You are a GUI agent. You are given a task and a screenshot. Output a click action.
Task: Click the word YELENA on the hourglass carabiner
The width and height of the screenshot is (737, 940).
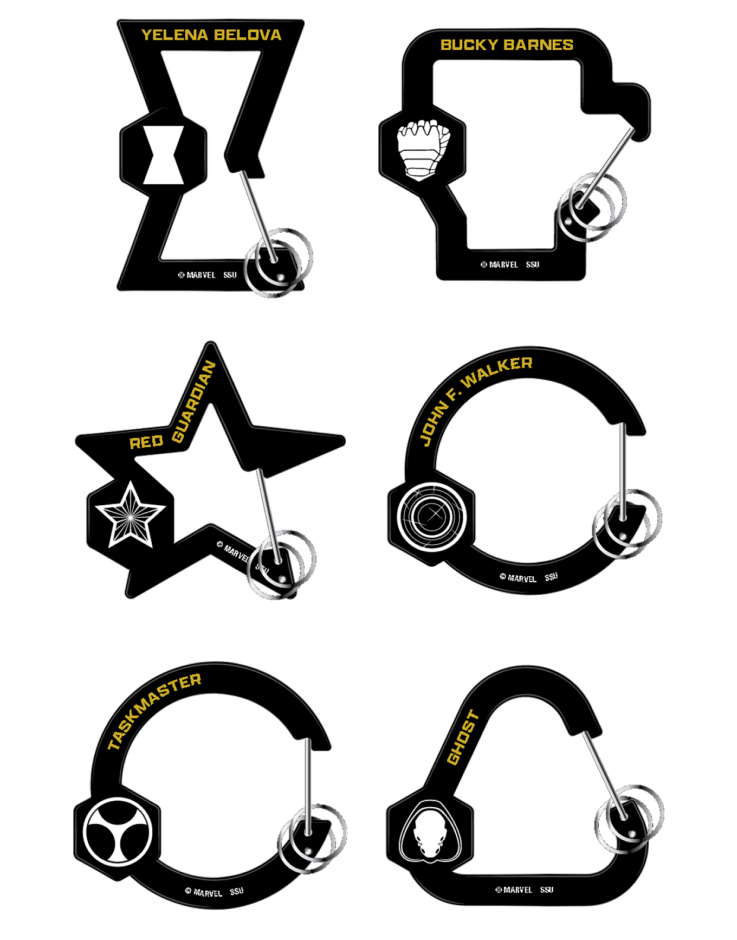tap(174, 35)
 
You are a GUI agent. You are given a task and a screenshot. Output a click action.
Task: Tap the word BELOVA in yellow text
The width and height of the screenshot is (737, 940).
tap(248, 35)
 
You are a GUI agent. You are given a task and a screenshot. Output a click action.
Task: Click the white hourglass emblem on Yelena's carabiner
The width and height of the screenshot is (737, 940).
tap(163, 155)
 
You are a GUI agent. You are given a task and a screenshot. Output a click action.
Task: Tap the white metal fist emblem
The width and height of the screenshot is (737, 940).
tap(423, 150)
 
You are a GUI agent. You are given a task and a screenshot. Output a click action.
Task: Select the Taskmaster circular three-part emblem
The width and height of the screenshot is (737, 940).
tap(118, 830)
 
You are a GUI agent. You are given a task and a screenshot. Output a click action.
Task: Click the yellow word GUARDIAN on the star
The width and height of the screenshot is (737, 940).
tap(194, 401)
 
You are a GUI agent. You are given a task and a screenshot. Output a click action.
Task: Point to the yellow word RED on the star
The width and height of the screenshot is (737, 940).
tap(146, 442)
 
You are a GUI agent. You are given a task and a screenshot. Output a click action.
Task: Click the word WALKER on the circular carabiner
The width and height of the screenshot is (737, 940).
tap(497, 371)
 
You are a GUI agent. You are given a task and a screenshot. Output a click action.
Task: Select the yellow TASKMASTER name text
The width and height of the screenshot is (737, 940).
tap(154, 711)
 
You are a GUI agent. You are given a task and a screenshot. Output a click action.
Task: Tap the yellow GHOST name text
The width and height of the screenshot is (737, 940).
tap(463, 738)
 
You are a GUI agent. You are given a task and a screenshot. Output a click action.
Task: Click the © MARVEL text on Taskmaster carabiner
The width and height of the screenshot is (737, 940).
tap(204, 892)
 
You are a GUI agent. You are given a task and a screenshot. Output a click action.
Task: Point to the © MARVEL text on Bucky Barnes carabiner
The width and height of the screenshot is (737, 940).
tap(499, 265)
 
